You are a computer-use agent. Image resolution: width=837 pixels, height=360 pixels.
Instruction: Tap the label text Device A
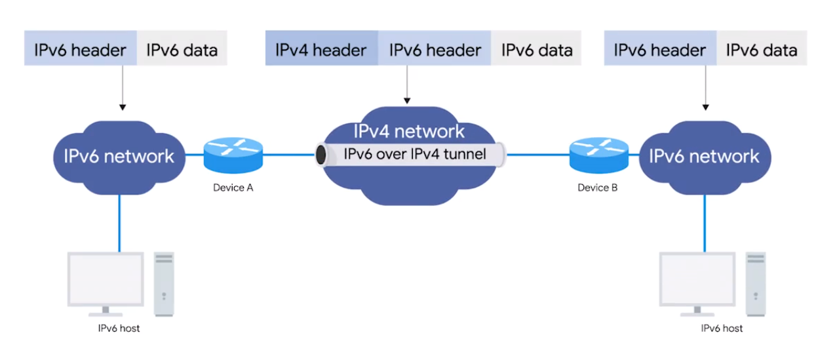(x=233, y=188)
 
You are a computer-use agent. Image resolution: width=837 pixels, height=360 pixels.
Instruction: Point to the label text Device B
(x=597, y=188)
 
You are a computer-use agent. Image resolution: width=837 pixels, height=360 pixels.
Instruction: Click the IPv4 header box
(x=321, y=50)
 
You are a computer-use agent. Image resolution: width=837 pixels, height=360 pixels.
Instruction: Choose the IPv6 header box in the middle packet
(x=435, y=50)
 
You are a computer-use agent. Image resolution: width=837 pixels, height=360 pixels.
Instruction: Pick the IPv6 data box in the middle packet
(x=536, y=50)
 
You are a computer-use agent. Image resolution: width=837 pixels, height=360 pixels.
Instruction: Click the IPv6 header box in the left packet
(x=81, y=50)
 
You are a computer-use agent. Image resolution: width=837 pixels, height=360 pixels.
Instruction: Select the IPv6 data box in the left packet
(x=182, y=50)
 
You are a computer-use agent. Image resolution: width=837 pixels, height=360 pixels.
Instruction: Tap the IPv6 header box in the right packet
(x=660, y=50)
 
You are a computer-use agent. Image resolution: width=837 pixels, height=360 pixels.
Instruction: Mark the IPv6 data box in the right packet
(x=761, y=50)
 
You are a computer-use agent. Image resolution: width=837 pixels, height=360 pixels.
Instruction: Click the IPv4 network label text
(x=409, y=131)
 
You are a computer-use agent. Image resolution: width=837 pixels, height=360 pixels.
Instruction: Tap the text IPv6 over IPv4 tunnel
(x=415, y=155)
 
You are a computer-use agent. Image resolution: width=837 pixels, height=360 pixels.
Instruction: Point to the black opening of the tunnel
(x=321, y=155)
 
